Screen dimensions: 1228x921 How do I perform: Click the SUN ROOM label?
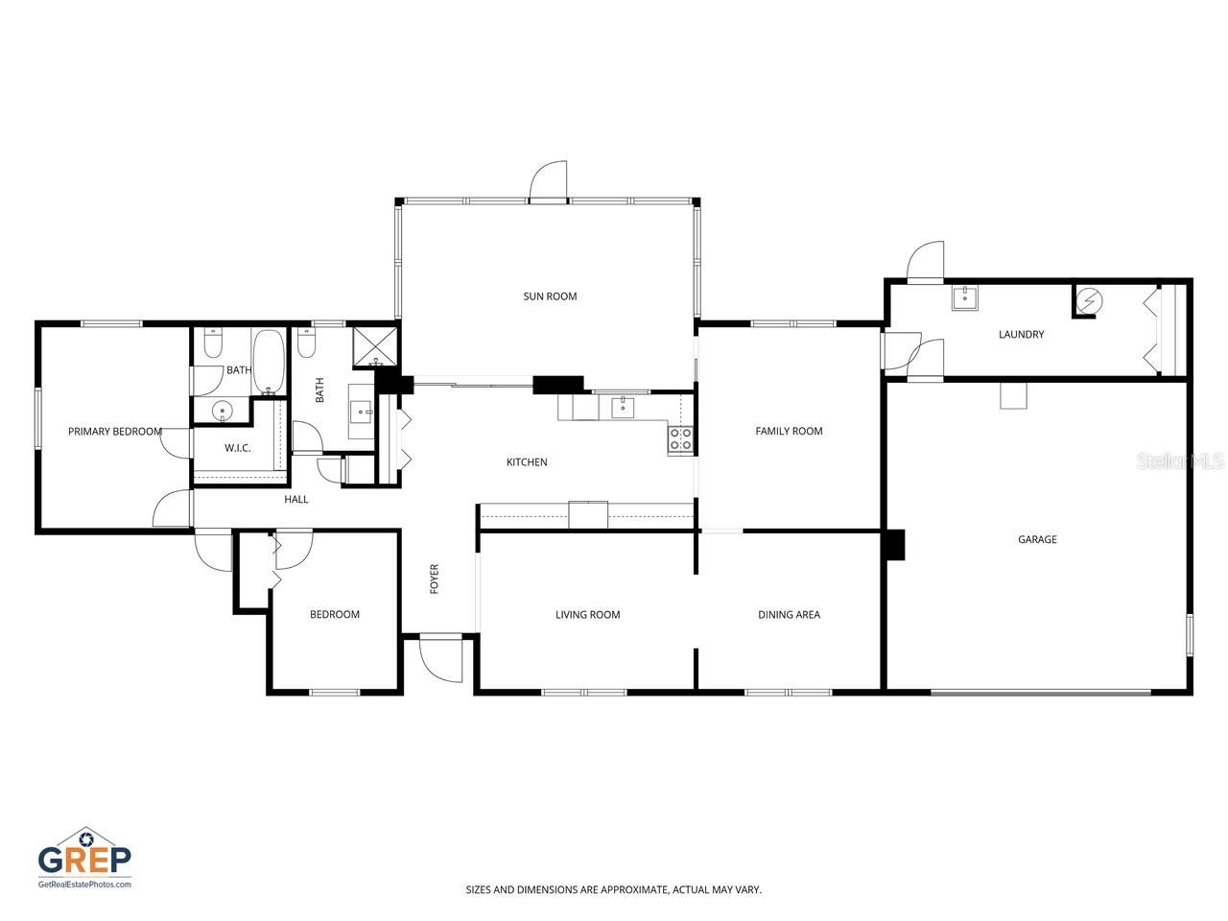550,296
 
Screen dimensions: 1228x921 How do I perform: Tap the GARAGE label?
1037,539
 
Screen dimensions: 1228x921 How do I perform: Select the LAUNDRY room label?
1021,335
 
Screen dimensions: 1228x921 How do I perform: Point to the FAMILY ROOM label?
789,431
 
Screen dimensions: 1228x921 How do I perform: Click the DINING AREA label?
789,615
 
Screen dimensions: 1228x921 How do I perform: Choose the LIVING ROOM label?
587,615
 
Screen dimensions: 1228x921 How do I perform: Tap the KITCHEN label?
527,461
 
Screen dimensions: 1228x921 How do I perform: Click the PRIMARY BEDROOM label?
115,432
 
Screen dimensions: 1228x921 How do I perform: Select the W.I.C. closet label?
237,448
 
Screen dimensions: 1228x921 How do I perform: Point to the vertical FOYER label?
435,579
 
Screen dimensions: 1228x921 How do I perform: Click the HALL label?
295,500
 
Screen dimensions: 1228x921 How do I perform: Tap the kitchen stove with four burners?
680,439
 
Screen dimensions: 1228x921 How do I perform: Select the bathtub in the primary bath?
269,362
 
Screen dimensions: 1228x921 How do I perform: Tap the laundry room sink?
965,297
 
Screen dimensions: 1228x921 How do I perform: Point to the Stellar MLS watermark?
1180,461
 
